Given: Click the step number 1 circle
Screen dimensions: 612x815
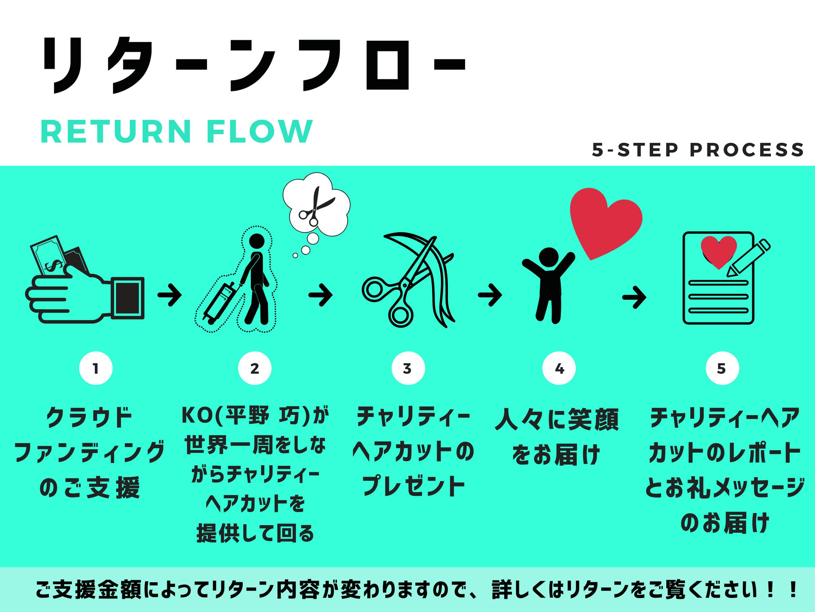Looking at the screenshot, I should click(x=96, y=368).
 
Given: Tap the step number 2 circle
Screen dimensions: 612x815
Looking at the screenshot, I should click(x=254, y=368).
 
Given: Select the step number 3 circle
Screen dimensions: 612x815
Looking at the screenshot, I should click(x=408, y=368).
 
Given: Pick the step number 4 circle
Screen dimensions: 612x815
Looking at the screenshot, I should click(x=559, y=368).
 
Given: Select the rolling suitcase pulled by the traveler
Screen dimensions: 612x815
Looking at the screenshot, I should click(x=220, y=302).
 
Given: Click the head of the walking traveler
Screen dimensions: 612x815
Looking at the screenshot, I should click(x=257, y=242).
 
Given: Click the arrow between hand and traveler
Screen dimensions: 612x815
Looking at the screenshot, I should click(x=170, y=295).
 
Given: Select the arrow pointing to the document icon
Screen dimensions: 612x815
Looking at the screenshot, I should click(x=634, y=297).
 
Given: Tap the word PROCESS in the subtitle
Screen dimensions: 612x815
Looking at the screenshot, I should click(x=747, y=150).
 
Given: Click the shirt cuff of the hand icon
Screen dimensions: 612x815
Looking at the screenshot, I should click(x=127, y=298).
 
